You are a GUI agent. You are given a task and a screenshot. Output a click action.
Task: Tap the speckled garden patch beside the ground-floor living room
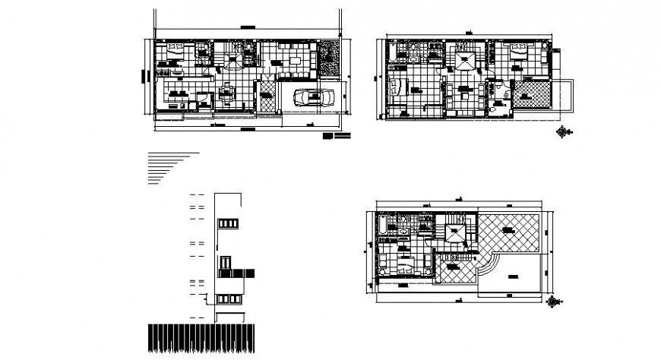329,58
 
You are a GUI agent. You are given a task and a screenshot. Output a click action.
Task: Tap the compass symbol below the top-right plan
562,131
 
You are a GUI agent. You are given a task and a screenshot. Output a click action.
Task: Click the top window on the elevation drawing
227,223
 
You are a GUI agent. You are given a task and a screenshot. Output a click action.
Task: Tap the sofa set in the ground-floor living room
293,56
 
